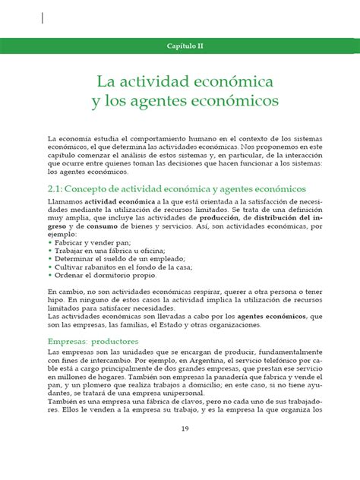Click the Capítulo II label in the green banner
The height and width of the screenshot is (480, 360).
point(185,46)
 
